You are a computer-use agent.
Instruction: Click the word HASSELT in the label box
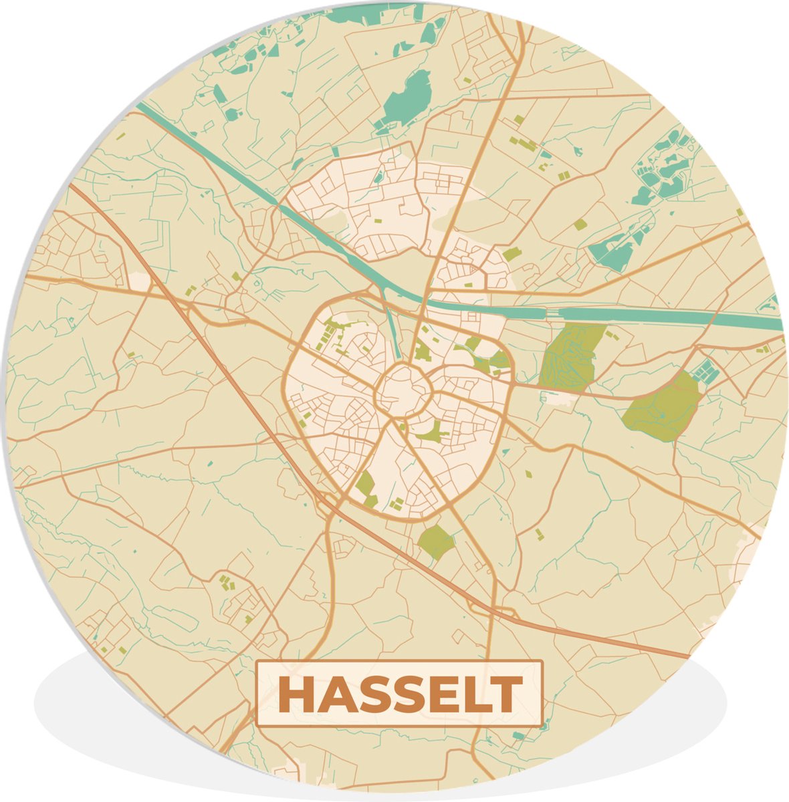point(399,695)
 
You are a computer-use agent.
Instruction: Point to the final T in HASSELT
point(506,695)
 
